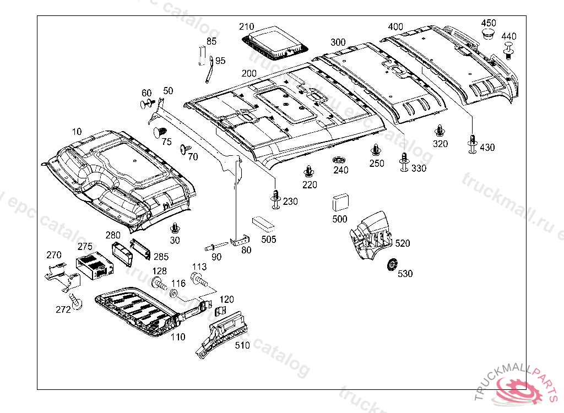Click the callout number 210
pos(247,26)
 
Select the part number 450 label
pos(489,23)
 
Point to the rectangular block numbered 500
pos(340,203)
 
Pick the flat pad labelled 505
pos(264,223)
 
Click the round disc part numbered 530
pos(393,265)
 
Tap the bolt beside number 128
pos(159,285)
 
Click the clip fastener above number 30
pos(175,227)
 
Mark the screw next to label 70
pos(185,149)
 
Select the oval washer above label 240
pos(340,160)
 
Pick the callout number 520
pos(403,243)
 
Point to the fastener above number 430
pos(472,142)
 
